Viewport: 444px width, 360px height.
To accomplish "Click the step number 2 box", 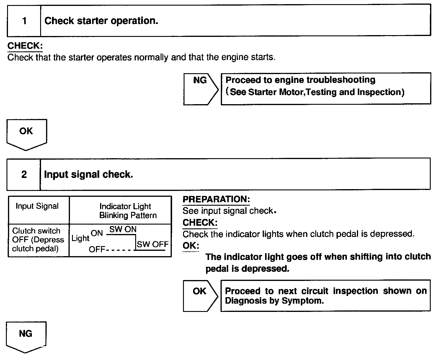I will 24,174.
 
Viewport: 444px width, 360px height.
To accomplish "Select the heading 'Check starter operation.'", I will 101,21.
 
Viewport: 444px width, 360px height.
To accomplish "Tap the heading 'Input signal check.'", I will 89,174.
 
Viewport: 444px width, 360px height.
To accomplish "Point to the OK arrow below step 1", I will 26,134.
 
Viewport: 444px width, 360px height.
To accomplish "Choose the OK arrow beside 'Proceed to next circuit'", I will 200,295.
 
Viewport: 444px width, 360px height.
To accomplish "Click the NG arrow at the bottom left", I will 26,336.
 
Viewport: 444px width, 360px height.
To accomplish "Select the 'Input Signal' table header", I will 37,206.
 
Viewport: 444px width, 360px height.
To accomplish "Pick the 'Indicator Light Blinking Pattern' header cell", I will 126,211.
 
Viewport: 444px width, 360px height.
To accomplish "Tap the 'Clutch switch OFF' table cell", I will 38,240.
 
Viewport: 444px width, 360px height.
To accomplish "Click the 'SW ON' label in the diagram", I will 123,229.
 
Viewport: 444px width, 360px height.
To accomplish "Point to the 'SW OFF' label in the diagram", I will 152,244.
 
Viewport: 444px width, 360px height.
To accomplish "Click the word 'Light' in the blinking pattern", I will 80,238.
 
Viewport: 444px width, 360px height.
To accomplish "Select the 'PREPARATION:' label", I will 216,199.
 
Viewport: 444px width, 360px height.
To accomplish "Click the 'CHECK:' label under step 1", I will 25,46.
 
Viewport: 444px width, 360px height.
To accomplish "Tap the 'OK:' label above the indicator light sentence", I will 191,246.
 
